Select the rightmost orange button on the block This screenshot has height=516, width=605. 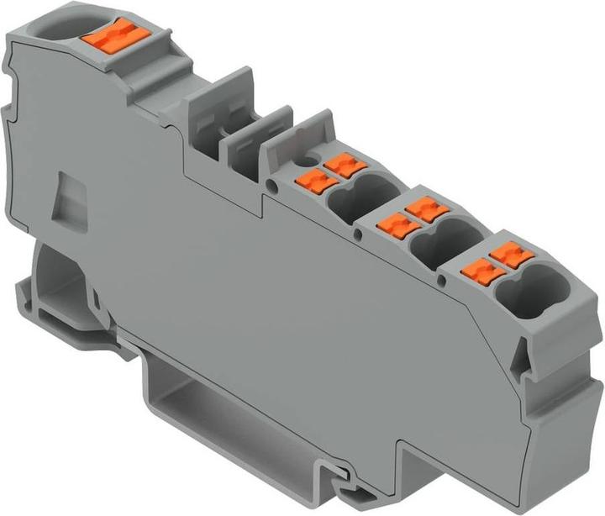507,253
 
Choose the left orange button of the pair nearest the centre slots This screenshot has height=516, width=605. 312,178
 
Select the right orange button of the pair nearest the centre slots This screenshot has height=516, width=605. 341,163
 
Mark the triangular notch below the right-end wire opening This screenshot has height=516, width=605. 519,361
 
